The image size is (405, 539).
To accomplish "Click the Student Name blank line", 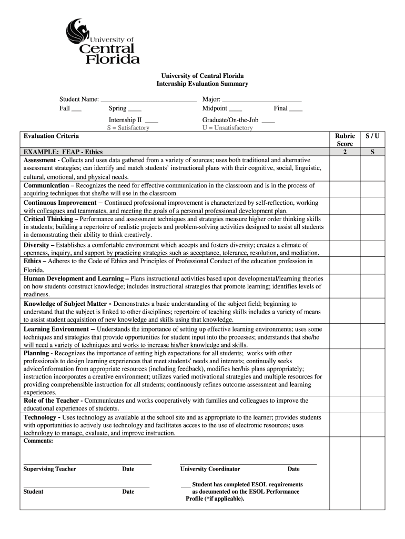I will click(x=148, y=99).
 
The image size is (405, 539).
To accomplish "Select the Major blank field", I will click(x=262, y=99).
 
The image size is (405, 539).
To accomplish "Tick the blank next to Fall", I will click(x=76, y=109).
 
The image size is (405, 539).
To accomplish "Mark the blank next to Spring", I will click(x=135, y=109).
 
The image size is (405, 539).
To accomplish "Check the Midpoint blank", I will click(x=236, y=109).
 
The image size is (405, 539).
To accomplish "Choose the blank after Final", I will click(x=296, y=109).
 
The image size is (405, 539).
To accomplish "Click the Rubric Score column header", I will click(x=345, y=139).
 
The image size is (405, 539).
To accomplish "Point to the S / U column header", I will click(x=372, y=136).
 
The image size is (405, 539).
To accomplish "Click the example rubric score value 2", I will click(x=345, y=152).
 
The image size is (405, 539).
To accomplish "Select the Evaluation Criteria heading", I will click(x=51, y=136).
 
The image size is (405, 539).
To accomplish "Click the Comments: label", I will click(x=38, y=441).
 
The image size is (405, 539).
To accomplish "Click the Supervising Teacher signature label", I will click(x=50, y=469).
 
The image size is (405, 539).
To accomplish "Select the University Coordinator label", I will click(x=210, y=469).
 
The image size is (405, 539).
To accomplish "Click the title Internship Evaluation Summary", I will click(x=202, y=84).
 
